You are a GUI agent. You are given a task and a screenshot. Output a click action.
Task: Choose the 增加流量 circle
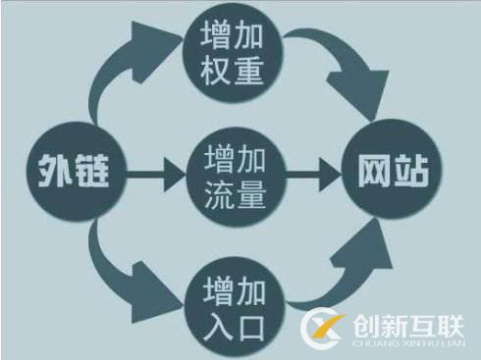click(235, 177)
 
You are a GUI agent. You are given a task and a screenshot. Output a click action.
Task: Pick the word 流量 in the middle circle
click(235, 194)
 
